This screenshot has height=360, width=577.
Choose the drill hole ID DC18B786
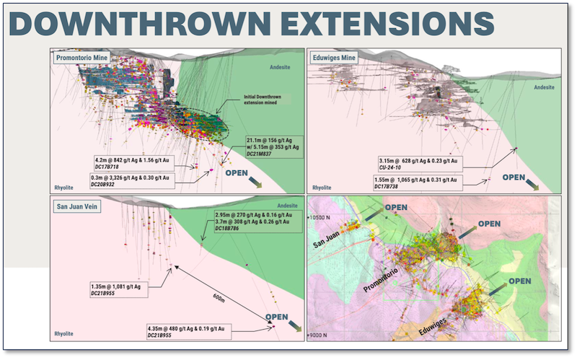(230, 229)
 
